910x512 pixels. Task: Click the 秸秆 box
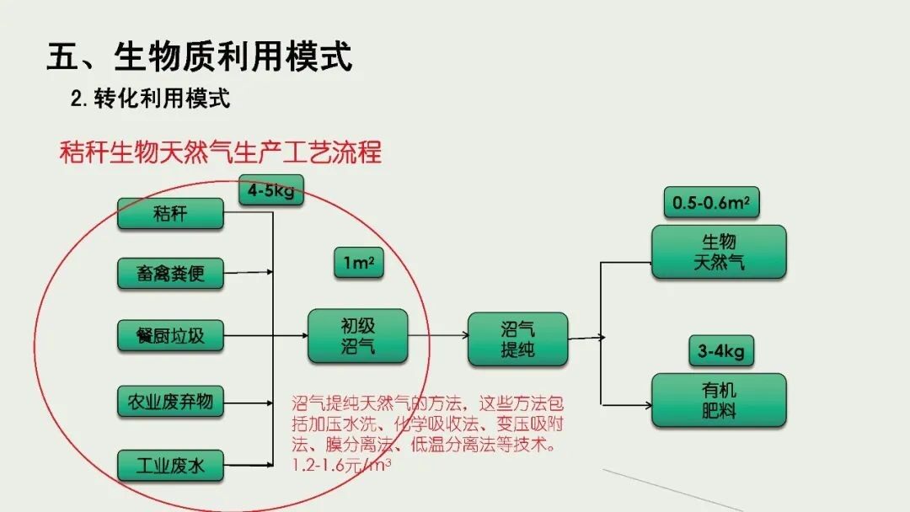click(x=170, y=213)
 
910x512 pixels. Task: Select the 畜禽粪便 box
click(x=170, y=273)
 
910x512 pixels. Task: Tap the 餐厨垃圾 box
click(x=170, y=335)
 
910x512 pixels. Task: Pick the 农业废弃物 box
click(x=170, y=401)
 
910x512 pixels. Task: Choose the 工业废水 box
click(x=170, y=465)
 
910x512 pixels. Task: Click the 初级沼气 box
click(x=357, y=336)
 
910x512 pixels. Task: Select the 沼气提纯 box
click(x=517, y=339)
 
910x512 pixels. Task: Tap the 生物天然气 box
click(x=719, y=253)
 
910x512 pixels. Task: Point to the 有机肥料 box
click(x=719, y=401)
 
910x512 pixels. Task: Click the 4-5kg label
click(x=271, y=190)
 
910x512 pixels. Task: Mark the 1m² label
click(x=359, y=263)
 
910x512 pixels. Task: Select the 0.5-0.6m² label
click(x=711, y=202)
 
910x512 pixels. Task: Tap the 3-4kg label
click(x=721, y=351)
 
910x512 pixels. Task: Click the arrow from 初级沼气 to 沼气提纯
click(x=438, y=335)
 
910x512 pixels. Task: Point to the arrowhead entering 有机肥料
click(x=648, y=405)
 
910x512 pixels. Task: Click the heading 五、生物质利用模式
click(x=199, y=56)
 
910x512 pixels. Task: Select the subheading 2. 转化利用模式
click(x=150, y=99)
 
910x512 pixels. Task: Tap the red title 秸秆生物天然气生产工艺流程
click(x=221, y=152)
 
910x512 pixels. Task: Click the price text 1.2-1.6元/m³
click(x=341, y=465)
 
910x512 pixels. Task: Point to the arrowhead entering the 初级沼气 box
click(x=304, y=335)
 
